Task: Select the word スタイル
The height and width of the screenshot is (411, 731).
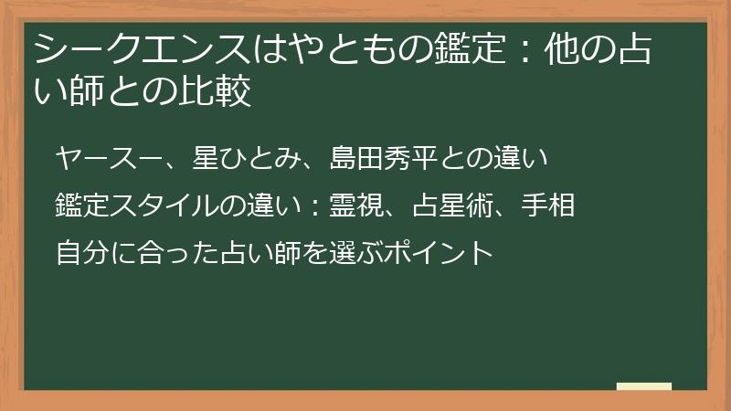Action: pyautogui.click(x=161, y=205)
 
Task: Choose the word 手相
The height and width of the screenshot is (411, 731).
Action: pyautogui.click(x=549, y=205)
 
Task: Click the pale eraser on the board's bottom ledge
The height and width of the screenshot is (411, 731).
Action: pyautogui.click(x=644, y=386)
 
